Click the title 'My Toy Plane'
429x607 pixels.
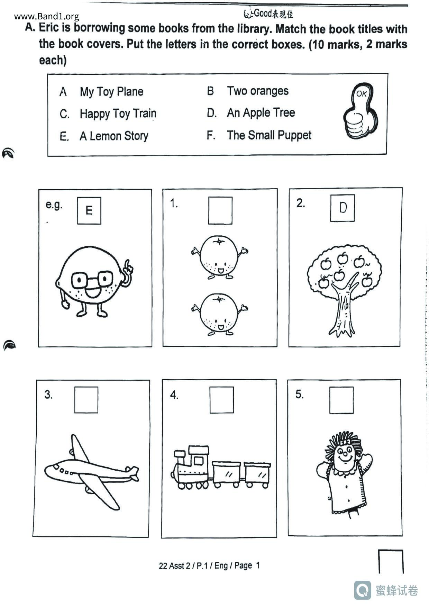pos(111,92)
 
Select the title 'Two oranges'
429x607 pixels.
pos(258,91)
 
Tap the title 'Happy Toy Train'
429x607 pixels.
pos(118,114)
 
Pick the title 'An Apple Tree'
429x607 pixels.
pos(261,113)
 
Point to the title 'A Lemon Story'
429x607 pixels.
pos(114,136)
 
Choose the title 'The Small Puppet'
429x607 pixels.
pos(269,135)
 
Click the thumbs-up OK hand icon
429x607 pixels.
pos(360,111)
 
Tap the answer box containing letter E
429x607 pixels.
pos(89,211)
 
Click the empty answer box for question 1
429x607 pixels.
pos(220,210)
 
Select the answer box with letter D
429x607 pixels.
pos(343,208)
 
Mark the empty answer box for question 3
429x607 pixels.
pos(86,400)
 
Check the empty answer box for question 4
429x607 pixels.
pos(222,400)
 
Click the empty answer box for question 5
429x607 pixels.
pos(341,400)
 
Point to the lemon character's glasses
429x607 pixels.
pos(92,280)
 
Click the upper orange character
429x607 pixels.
pos(219,257)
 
